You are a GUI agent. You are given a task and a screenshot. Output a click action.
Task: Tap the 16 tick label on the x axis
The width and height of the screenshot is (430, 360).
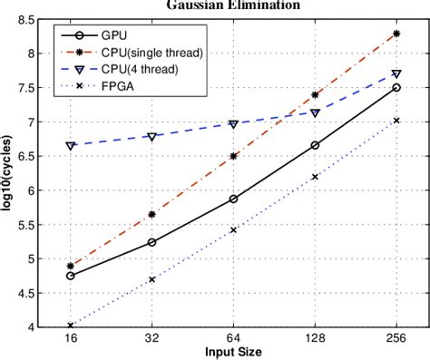[x=71, y=338]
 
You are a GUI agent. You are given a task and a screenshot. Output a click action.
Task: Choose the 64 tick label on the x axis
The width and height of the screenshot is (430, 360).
[x=233, y=338]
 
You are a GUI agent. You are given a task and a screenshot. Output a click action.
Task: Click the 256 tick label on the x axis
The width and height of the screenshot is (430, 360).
[x=396, y=338]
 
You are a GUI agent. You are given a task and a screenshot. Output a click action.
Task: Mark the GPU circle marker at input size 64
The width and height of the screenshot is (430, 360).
[x=233, y=199]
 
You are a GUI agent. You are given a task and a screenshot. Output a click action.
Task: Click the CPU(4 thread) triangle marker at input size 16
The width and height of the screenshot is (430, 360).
[x=71, y=145]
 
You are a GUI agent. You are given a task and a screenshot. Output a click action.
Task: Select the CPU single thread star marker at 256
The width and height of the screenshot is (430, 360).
[x=396, y=34]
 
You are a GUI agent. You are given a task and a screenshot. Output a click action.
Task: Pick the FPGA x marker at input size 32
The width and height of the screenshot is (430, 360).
[x=151, y=279]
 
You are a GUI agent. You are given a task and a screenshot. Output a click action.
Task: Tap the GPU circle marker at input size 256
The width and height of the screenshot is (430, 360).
[x=396, y=88]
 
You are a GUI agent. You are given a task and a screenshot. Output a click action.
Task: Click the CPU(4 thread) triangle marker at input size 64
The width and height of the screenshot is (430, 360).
[x=233, y=123]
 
